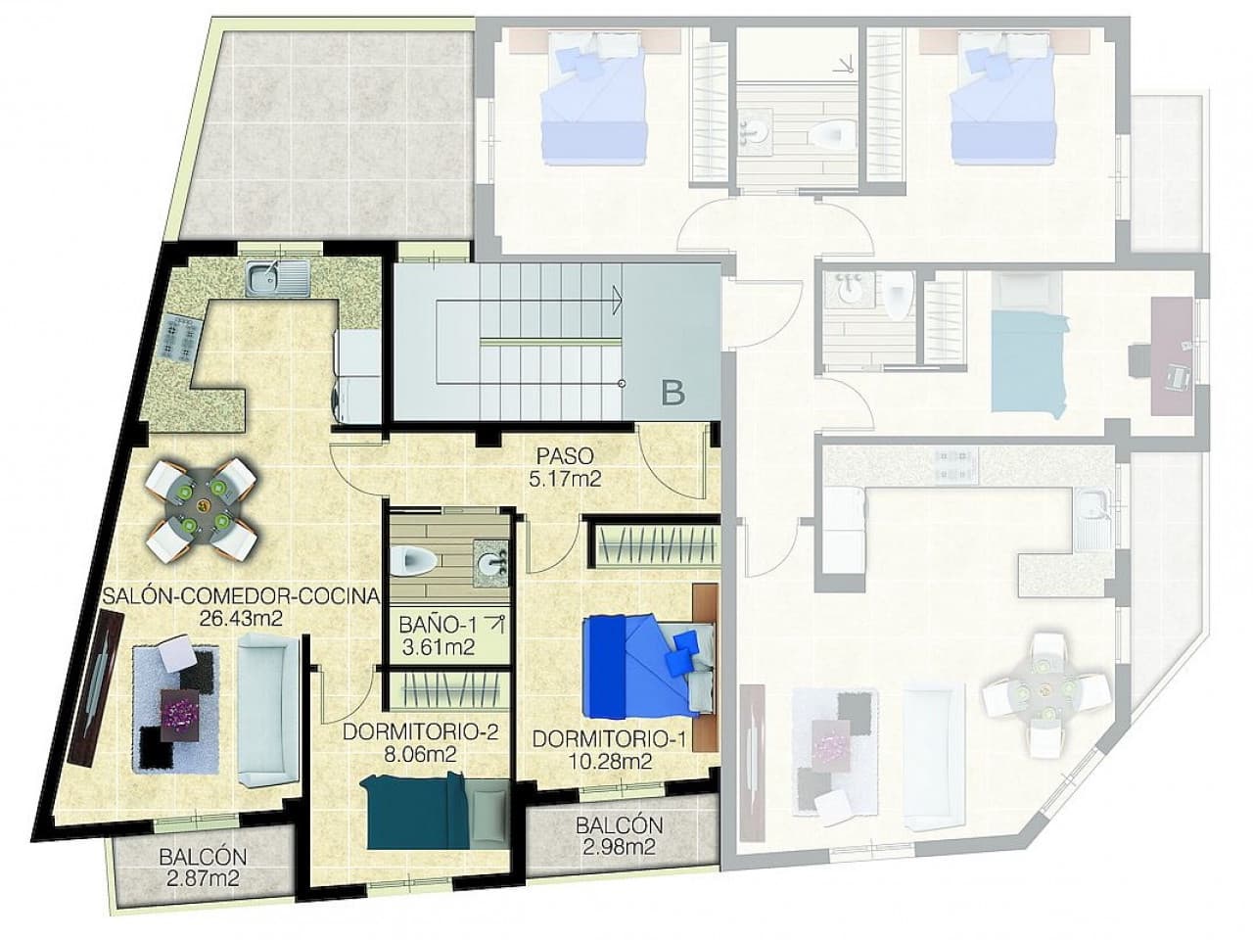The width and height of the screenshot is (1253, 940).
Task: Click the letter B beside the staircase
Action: point(673,394)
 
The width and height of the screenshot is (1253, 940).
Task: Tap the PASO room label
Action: point(565,456)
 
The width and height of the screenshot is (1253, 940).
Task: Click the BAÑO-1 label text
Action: point(437,623)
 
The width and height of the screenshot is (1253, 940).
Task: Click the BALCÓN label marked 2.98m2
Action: point(619,825)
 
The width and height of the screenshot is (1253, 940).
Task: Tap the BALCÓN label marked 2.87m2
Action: point(203,857)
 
